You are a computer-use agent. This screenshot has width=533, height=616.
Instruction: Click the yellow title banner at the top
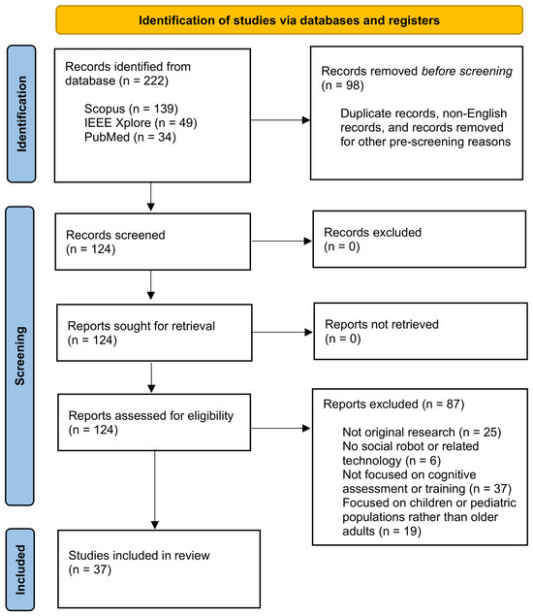tap(289, 20)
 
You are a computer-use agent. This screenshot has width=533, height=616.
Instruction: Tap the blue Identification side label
tap(21, 113)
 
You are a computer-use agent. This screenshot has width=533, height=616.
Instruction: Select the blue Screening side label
tap(19, 356)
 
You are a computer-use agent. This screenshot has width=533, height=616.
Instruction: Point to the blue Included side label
tap(20, 569)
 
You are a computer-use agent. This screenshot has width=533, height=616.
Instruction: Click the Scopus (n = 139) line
tap(131, 109)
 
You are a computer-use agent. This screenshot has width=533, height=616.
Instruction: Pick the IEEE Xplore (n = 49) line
tap(141, 123)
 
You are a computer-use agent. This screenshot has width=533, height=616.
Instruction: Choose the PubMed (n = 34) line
tap(130, 137)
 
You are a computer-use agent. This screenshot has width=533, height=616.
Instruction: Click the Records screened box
tap(153, 242)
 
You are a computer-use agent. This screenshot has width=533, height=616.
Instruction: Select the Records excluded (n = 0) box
tap(420, 240)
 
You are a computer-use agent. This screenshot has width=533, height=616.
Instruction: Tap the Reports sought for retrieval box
tap(154, 333)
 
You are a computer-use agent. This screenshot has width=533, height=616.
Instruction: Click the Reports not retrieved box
tap(421, 331)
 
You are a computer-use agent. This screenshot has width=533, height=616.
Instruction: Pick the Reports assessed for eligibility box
tap(154, 422)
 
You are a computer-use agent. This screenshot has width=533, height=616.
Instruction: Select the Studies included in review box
tap(159, 569)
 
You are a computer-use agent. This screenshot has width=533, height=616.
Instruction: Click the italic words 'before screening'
tap(467, 71)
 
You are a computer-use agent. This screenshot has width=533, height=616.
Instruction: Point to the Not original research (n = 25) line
tap(422, 432)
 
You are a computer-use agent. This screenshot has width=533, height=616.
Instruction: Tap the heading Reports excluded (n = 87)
tap(393, 405)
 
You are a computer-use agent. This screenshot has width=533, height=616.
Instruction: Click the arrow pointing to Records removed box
tap(281, 120)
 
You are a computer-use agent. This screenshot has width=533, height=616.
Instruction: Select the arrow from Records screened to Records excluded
tap(282, 242)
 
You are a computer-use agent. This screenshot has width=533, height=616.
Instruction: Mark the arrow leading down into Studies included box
tap(155, 490)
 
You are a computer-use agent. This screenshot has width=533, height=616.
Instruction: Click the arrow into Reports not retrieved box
tap(283, 333)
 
